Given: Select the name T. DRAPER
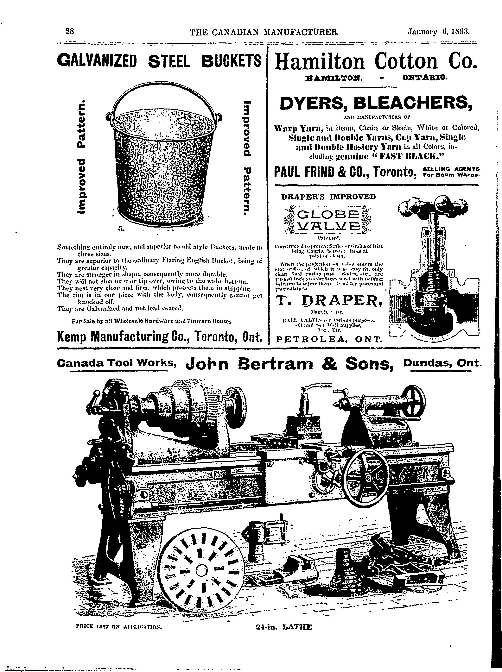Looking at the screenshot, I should click(328, 301).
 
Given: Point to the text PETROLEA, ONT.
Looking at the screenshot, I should click(328, 339).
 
